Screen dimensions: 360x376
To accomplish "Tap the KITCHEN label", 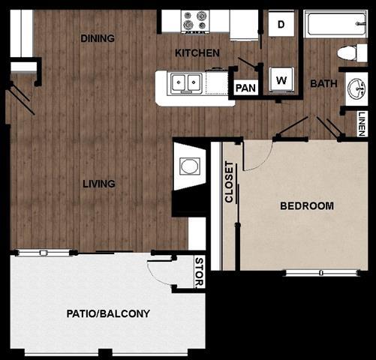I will coord(197,53).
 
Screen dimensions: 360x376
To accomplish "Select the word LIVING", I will coord(99,184).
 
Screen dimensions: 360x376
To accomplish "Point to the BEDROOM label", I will coord(306,206).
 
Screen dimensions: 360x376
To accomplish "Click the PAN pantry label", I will coord(245,88).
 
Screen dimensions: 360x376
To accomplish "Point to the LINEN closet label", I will coord(362,123).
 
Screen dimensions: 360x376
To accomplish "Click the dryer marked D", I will coord(281,24).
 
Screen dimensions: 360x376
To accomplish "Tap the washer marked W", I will coord(281,79).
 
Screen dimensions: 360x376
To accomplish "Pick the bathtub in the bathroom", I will coord(335,24).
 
